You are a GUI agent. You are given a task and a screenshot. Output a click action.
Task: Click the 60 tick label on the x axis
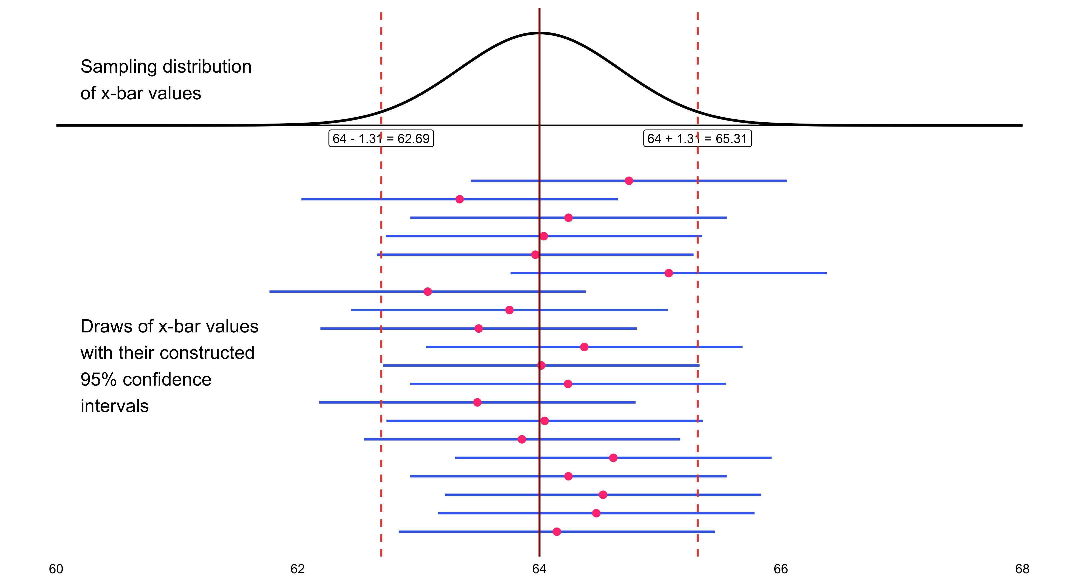pos(56,569)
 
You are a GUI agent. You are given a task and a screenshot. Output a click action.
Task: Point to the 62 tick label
pos(297,569)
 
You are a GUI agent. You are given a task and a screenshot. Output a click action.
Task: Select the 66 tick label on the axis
pos(781,569)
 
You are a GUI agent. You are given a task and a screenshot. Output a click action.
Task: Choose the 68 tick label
pos(1022,569)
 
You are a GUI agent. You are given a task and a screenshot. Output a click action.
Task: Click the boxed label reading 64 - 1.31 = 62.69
pos(381,139)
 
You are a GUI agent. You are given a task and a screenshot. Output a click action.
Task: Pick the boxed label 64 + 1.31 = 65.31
pos(697,139)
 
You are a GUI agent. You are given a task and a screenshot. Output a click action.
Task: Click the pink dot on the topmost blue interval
pos(629,181)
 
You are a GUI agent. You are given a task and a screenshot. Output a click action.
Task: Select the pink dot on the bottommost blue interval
pos(557,532)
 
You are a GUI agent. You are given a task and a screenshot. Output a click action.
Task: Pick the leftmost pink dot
pos(428,291)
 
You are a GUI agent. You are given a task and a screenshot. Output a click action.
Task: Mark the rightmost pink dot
pos(669,273)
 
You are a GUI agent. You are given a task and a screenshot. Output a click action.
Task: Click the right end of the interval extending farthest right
pos(826,273)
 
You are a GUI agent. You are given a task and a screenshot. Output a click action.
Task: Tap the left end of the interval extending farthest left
pos(270,291)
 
